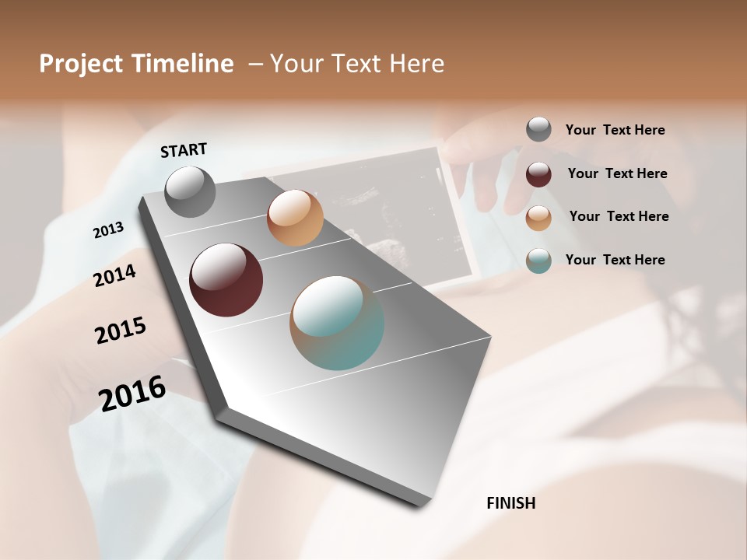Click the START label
tap(184, 150)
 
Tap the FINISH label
tap(510, 503)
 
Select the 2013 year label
tap(108, 230)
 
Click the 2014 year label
tap(114, 275)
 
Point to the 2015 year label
tap(121, 331)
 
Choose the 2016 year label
tap(132, 393)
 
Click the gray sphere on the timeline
tap(191, 191)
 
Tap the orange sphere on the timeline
tap(295, 218)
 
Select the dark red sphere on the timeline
tap(226, 280)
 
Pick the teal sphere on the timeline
tap(337, 323)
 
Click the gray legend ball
tap(538, 129)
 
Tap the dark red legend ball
tap(538, 174)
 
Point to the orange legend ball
tap(538, 218)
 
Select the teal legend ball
tap(538, 261)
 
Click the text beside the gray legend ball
tap(615, 130)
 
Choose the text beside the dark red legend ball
tap(617, 173)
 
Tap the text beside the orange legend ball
tap(619, 216)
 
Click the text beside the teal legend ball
tap(615, 260)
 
